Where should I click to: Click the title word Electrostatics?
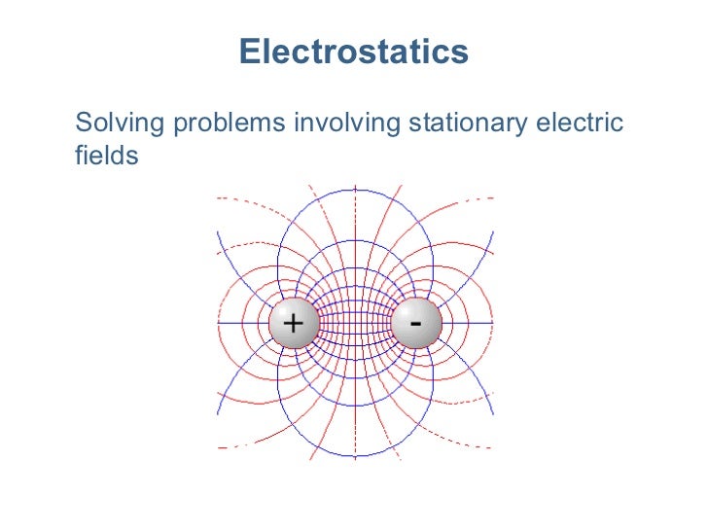coord(354,52)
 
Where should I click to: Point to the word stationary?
coord(468,124)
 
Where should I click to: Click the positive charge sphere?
coord(293,323)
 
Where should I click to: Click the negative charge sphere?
coord(416,323)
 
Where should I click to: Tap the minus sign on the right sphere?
coord(416,321)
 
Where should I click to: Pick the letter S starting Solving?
coord(83,124)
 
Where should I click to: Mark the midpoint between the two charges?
coord(355,323)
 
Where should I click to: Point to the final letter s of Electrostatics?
coord(461,53)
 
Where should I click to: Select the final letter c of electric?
coord(616,125)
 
